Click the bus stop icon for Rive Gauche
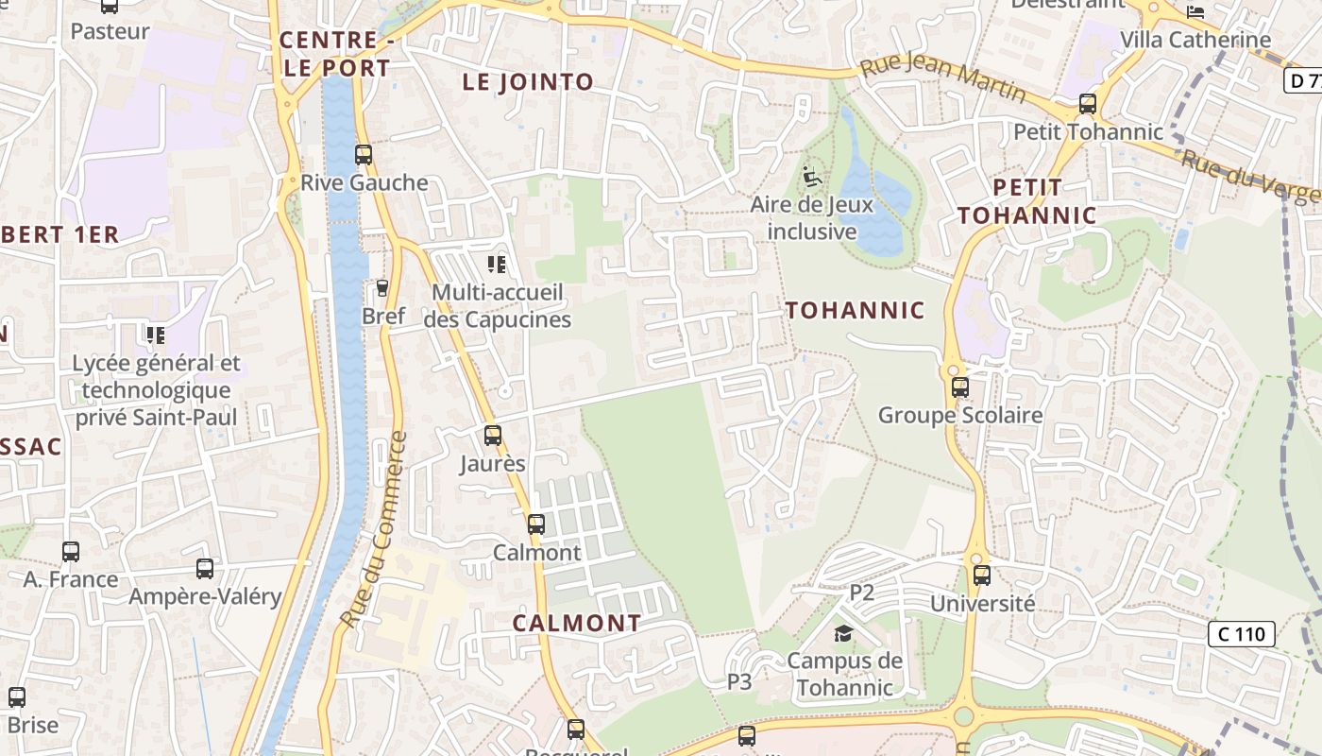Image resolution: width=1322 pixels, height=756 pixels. (x=364, y=155)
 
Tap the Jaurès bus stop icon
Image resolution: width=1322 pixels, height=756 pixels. (x=493, y=436)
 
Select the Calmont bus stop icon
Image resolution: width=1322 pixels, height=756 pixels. (x=536, y=524)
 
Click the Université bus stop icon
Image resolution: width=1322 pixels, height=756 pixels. (x=982, y=576)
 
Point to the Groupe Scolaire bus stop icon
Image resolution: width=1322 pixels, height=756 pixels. (x=960, y=387)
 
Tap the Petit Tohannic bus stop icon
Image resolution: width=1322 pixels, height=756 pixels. (x=1088, y=104)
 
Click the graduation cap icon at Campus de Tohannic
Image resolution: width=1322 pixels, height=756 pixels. (x=843, y=633)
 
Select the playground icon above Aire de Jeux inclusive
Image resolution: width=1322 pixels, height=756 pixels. (x=811, y=176)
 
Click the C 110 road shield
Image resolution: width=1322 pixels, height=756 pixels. (x=1242, y=634)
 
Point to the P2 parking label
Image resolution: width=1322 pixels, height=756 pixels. (x=862, y=593)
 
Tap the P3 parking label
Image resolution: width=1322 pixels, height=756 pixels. (x=739, y=681)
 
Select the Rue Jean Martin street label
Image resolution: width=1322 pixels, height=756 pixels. (x=942, y=77)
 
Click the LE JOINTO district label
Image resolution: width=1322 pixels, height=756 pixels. (x=528, y=82)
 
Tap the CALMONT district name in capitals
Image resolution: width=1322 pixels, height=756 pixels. (x=577, y=624)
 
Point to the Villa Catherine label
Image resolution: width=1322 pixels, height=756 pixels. (x=1195, y=40)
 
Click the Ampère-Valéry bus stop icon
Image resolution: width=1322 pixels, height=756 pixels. (x=205, y=569)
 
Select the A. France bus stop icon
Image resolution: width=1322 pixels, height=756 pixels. (x=71, y=552)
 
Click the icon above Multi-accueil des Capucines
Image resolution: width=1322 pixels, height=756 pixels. (x=497, y=265)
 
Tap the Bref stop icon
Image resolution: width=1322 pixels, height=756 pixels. (x=382, y=287)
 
